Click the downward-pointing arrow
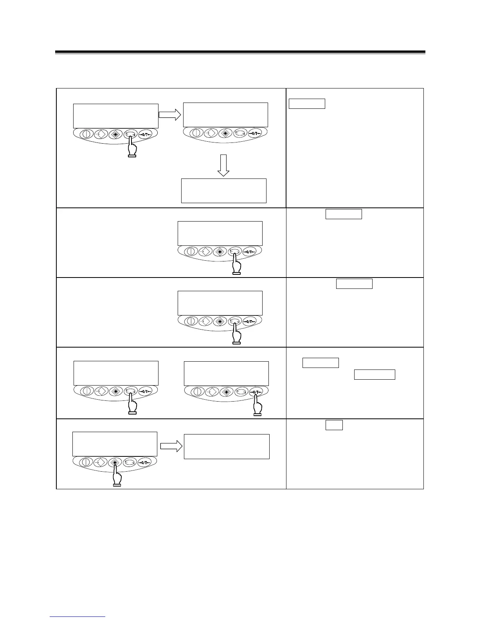click(223, 165)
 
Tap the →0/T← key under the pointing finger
click(257, 391)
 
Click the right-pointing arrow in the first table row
click(169, 114)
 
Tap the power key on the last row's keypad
click(85, 462)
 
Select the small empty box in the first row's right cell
click(307, 103)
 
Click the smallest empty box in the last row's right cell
click(334, 425)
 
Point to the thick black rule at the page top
click(240, 52)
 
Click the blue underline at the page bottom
click(77, 616)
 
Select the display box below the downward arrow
click(223, 191)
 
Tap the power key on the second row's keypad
click(191, 251)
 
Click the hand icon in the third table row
click(236, 335)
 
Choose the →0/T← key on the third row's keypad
click(250, 321)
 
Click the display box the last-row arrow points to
click(227, 446)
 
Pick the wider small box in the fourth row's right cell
click(375, 375)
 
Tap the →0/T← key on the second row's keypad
click(250, 251)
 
